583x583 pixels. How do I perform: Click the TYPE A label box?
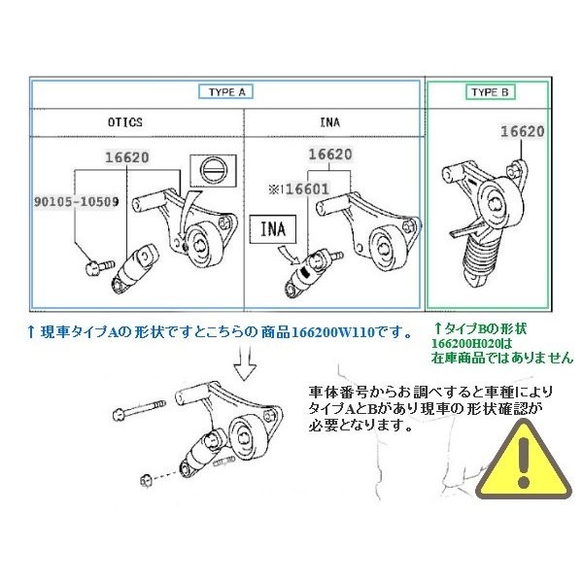click(228, 92)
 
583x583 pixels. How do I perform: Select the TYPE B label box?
click(489, 92)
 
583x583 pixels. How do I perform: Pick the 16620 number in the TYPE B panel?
click(522, 131)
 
